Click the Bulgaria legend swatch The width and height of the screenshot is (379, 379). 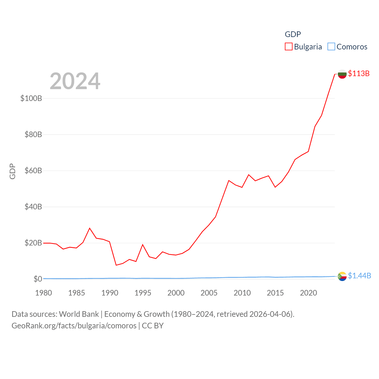[x=289, y=47]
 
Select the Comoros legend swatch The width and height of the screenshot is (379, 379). [x=331, y=47]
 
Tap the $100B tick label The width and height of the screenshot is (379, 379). [x=31, y=98]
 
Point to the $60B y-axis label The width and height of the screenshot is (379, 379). [x=33, y=171]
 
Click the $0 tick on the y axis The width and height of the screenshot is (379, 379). [x=38, y=279]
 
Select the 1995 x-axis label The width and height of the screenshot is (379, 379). [x=143, y=293]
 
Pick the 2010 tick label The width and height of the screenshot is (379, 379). [x=242, y=293]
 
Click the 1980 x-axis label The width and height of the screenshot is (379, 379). [x=44, y=293]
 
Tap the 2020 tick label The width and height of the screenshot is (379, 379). [x=309, y=293]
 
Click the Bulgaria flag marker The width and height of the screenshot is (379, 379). [x=342, y=74]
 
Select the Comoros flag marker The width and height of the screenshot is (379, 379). [x=342, y=276]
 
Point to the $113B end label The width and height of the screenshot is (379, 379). [x=359, y=73]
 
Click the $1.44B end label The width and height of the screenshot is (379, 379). [x=359, y=276]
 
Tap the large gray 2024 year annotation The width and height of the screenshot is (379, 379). [x=75, y=81]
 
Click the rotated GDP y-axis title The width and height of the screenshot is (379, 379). [x=12, y=171]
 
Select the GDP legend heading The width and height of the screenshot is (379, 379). [x=293, y=34]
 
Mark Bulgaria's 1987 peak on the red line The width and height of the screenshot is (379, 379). [x=90, y=228]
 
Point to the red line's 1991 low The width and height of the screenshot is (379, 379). [x=116, y=265]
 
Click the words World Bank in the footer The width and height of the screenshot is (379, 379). [x=79, y=314]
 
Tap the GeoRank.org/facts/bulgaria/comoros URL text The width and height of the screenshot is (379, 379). [x=74, y=326]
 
